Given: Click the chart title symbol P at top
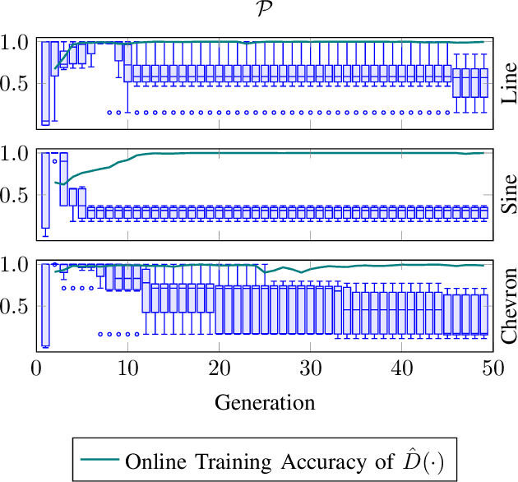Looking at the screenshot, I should point(265,11).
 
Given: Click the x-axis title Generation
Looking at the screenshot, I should point(265,402).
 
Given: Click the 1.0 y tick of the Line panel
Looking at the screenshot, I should point(16,42).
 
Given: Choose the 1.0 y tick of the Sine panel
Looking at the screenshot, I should point(16,154).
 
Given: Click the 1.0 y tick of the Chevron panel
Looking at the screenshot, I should point(16,265).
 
